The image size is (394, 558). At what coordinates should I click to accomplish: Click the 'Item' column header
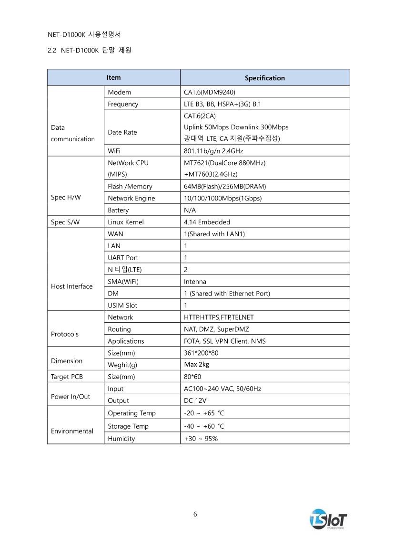point(113,77)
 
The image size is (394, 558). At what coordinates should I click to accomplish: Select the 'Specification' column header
point(264,78)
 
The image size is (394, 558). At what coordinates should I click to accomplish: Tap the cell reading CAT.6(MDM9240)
point(210,92)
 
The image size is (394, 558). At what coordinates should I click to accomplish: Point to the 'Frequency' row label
point(123,104)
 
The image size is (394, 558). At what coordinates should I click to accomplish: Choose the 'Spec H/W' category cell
point(65,198)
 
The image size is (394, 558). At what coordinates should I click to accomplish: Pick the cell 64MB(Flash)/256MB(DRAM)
point(225,186)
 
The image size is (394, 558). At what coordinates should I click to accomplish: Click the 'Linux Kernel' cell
point(126,222)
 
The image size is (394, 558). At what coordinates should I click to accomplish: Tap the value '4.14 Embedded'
point(207,222)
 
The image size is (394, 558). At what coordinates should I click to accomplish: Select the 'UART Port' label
point(123,258)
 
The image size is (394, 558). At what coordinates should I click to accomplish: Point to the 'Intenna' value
point(195,282)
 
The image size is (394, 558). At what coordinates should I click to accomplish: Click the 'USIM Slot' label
point(122,305)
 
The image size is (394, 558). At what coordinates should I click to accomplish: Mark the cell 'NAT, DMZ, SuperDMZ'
point(216,329)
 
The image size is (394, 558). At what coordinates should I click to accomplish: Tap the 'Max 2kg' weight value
point(196,365)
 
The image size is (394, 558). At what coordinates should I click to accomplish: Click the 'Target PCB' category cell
point(67,377)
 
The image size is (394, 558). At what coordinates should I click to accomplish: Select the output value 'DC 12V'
point(195,400)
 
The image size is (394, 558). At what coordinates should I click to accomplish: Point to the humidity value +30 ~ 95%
point(201,439)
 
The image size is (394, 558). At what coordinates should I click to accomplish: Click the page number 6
point(195,514)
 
